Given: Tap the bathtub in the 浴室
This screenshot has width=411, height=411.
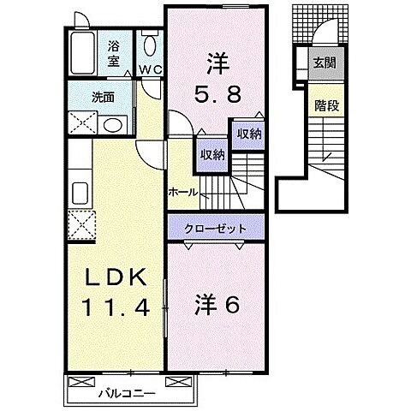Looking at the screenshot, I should (84, 55).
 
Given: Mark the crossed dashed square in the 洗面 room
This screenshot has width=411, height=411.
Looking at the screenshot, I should (83, 123).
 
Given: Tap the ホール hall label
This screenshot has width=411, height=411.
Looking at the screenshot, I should (183, 192).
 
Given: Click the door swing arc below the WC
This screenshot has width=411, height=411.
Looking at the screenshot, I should (152, 90).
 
